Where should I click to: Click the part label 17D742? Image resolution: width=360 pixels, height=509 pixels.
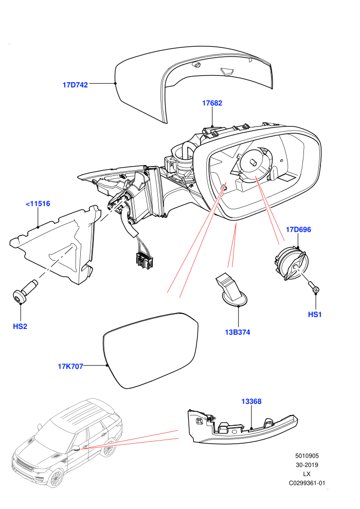point(75,85)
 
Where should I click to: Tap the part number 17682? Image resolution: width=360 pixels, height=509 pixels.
point(212,103)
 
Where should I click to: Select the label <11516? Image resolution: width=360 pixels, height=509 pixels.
point(38,204)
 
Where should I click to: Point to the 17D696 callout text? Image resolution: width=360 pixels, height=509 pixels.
point(298,230)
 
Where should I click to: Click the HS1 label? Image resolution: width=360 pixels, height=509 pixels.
point(315,315)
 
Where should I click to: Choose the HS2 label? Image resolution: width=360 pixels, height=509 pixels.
point(20,326)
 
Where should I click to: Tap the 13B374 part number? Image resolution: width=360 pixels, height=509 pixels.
point(238,333)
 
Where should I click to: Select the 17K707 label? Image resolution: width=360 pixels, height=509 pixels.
point(70,367)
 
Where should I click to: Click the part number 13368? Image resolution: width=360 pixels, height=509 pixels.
point(251,402)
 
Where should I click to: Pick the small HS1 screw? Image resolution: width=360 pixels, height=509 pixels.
point(314,287)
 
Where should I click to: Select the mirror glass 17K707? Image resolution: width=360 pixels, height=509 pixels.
point(150,350)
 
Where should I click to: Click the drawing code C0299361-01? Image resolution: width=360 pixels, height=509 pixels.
point(307,483)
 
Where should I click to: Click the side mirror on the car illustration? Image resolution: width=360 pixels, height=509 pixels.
point(75,449)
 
